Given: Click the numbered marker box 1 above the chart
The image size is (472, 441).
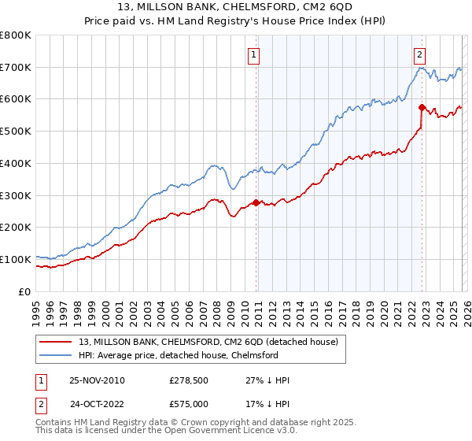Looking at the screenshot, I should pos(255,55).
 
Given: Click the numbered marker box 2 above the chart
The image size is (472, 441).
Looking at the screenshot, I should pos(420,55).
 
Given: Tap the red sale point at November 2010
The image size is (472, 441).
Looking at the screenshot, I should pos(256,202).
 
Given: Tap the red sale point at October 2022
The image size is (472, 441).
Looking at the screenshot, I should pos(422,107).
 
